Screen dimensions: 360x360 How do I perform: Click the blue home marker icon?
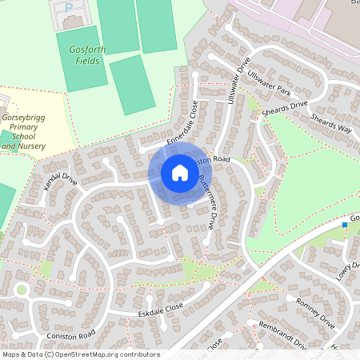pyautogui.click(x=180, y=173)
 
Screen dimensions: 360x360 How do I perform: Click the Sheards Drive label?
pyautogui.click(x=288, y=110)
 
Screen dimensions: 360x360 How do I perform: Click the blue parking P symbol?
pyautogui.click(x=68, y=7)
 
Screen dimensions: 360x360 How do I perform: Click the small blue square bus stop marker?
pyautogui.click(x=345, y=226)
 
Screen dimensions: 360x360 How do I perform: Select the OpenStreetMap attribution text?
pyautogui.click(x=80, y=354)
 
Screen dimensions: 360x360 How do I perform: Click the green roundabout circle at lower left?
pyautogui.click(x=21, y=290)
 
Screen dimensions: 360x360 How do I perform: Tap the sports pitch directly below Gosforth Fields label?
pyautogui.click(x=132, y=84)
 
